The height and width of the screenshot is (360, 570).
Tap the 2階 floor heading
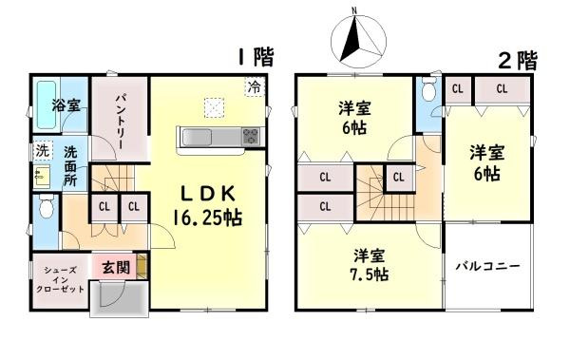(518, 60)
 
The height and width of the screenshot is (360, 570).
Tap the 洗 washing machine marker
(41, 150)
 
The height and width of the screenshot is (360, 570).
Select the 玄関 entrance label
(115, 268)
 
